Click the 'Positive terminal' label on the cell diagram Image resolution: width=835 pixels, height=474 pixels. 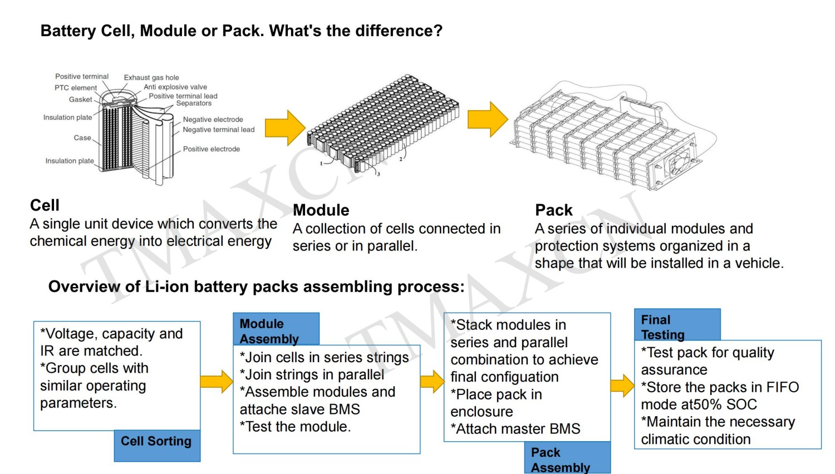[x=82, y=76]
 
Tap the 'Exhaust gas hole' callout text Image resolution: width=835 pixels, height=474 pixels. [x=151, y=77]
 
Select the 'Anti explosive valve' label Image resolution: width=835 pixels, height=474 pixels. [x=175, y=87]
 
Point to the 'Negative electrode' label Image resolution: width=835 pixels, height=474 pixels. [x=213, y=119]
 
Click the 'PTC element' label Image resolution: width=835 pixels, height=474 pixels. [x=76, y=88]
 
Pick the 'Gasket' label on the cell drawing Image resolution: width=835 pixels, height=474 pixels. [x=81, y=100]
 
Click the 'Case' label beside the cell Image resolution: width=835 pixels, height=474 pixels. [x=82, y=137]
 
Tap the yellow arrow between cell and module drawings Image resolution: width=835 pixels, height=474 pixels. [x=284, y=128]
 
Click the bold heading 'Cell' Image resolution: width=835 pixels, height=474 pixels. [x=45, y=205]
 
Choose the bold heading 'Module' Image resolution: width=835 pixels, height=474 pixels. [x=321, y=210]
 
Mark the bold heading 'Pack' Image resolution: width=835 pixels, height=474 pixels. [x=554, y=210]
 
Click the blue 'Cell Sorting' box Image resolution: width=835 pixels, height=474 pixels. [x=156, y=445]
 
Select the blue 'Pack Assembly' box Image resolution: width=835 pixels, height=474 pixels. [x=567, y=458]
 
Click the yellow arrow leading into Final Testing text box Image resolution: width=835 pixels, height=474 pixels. [x=622, y=386]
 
